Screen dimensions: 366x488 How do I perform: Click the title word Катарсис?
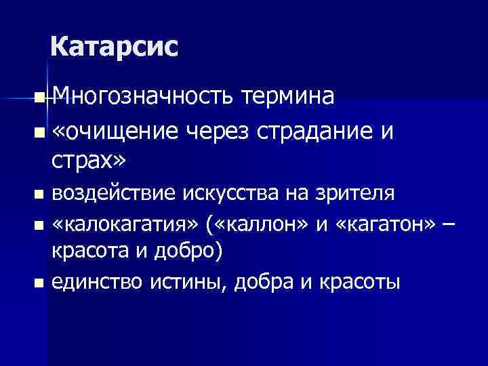(x=115, y=47)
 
